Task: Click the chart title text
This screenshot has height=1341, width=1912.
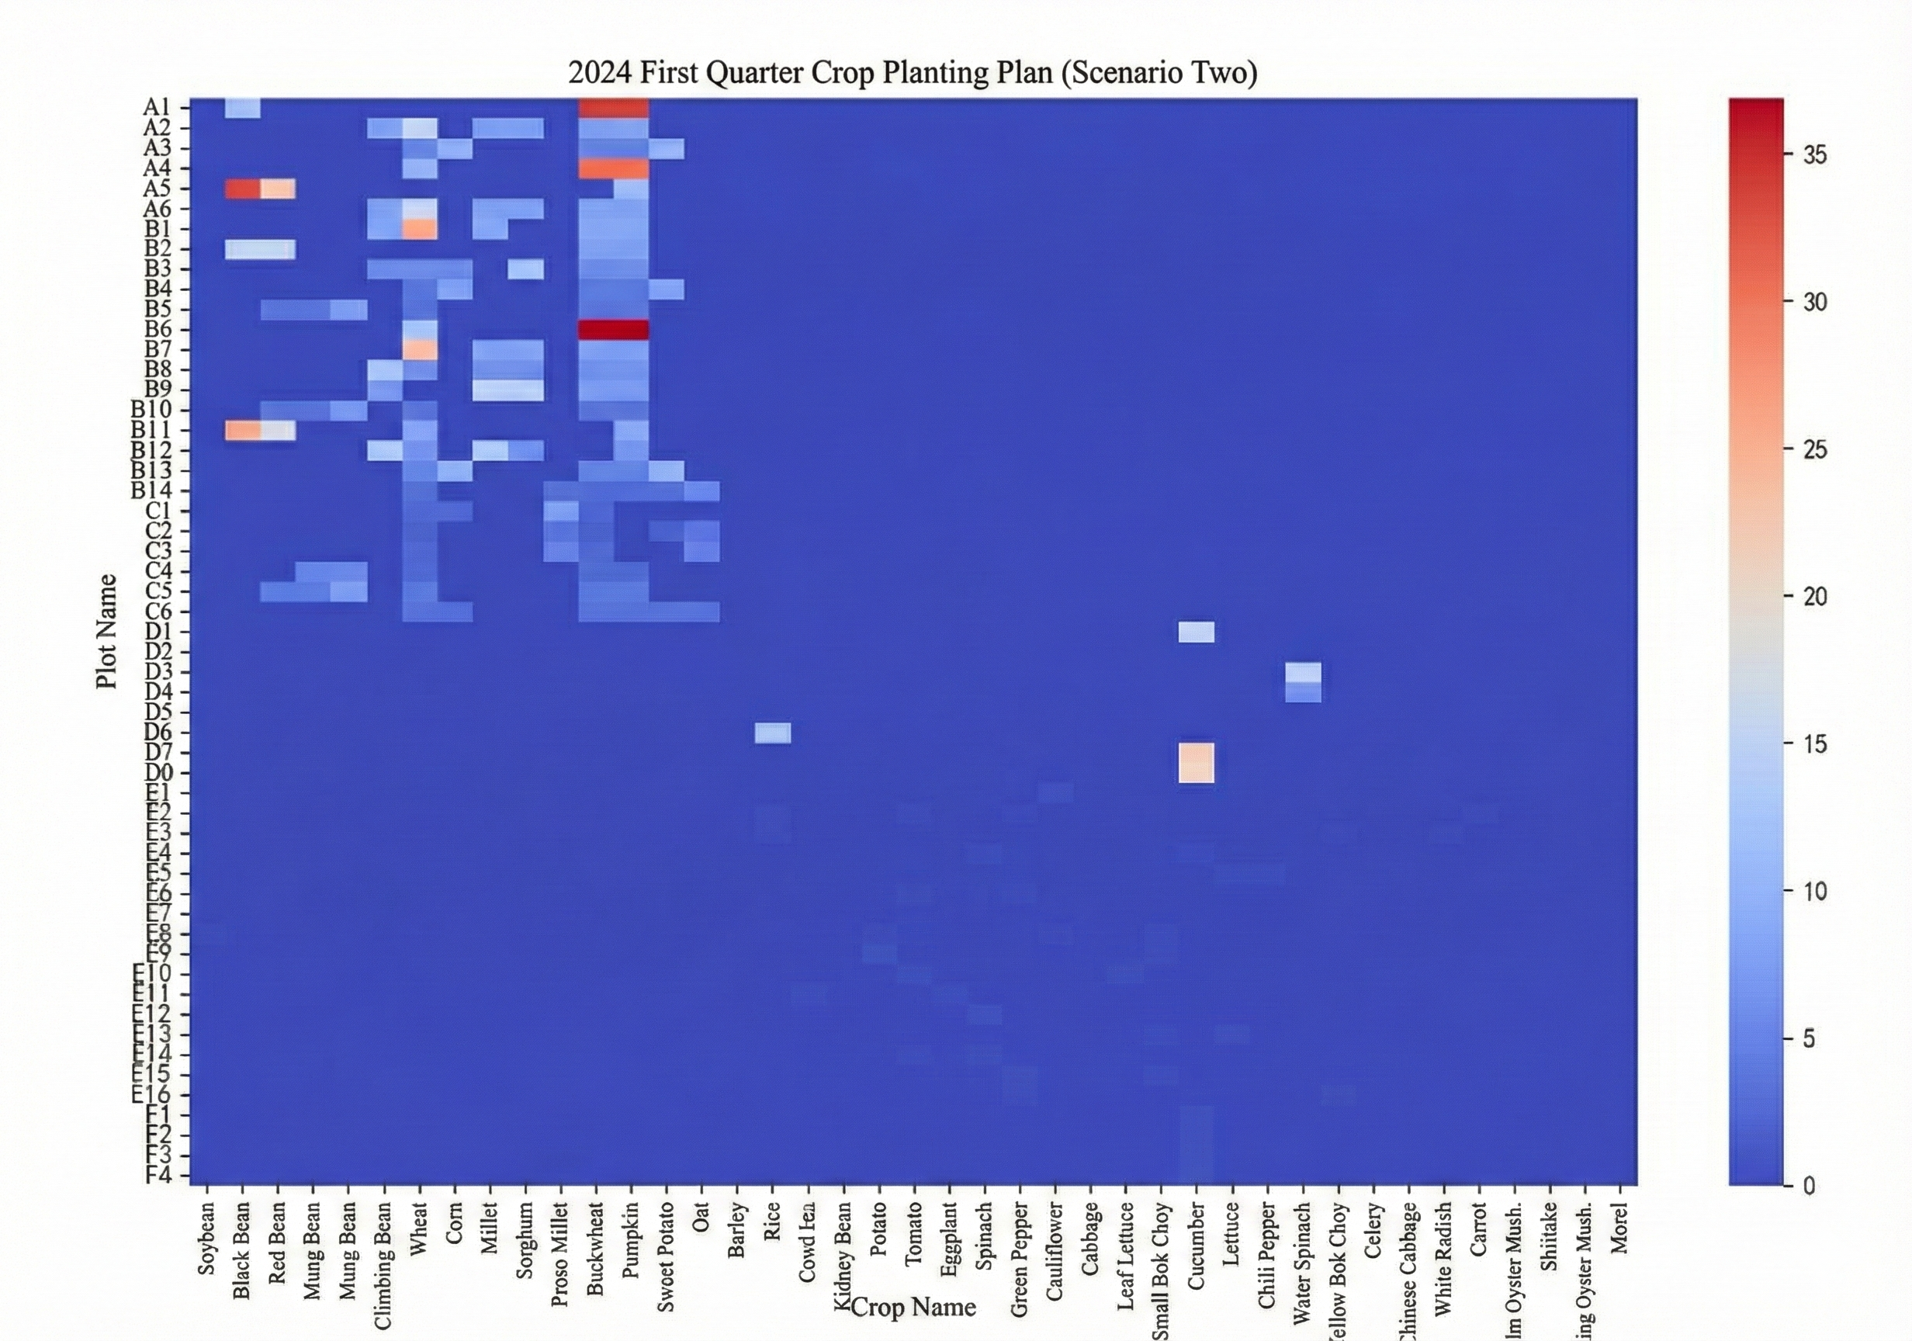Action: [913, 72]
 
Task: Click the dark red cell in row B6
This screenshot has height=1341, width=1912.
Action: [614, 329]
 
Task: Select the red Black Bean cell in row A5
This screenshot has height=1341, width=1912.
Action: [242, 189]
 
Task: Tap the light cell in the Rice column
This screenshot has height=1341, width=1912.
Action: [773, 732]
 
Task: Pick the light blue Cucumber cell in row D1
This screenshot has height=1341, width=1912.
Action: [1196, 632]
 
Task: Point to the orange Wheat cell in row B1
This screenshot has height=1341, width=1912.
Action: [420, 228]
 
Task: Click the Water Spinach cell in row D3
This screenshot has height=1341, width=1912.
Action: [1302, 672]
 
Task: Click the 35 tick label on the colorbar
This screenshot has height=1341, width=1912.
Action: [1816, 155]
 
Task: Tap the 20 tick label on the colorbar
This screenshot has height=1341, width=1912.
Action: [1816, 596]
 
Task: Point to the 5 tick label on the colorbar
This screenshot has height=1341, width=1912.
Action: [1809, 1038]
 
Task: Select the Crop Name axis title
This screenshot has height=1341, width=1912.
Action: [913, 1306]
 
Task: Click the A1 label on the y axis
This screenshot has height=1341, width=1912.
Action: [157, 107]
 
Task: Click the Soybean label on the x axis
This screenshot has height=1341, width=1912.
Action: [206, 1238]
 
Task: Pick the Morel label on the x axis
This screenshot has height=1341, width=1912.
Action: [1619, 1229]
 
